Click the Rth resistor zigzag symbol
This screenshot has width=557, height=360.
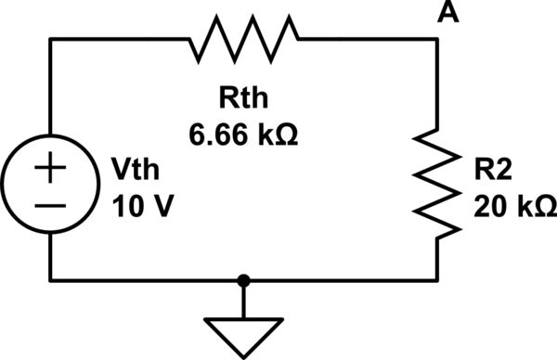point(244,39)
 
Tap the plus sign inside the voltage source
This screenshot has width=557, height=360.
point(51,170)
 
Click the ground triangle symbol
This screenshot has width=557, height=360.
point(243,336)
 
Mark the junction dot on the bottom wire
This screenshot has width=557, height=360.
point(243,278)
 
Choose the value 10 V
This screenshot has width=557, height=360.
point(136,205)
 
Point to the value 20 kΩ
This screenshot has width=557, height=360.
point(512,205)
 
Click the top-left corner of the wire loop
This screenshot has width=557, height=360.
point(51,39)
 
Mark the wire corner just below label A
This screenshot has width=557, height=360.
point(436,39)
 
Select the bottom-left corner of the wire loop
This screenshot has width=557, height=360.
point(51,278)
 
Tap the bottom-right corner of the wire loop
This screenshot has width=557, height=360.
point(436,278)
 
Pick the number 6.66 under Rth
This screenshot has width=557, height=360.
point(220,135)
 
